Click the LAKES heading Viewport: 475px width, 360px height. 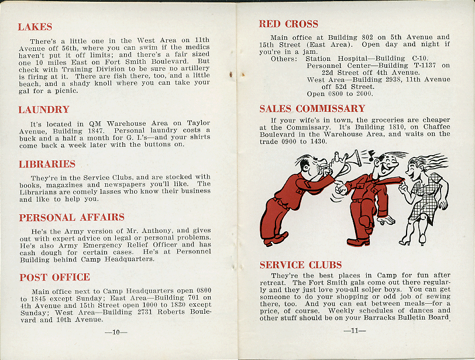coord(35,27)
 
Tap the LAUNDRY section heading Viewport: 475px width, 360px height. coord(44,110)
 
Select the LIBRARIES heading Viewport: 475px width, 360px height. coord(47,164)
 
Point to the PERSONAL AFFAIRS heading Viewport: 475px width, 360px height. coord(71,218)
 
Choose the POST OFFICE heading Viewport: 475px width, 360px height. coord(54,277)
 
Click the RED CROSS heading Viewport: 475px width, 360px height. coord(288,24)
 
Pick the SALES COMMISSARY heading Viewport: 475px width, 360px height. coord(312,109)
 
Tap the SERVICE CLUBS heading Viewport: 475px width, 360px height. coord(300,265)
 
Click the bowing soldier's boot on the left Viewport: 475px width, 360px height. coord(275,238)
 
